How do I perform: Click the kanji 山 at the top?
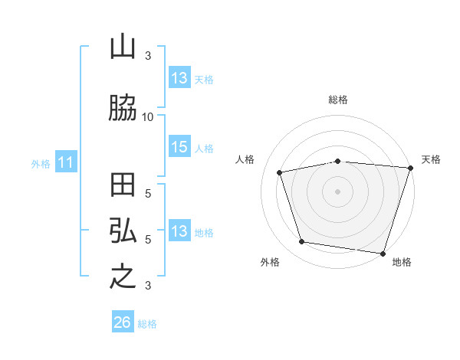123,46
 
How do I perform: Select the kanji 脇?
123,107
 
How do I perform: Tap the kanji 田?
123,185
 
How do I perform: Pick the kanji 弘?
123,230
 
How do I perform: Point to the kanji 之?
123,276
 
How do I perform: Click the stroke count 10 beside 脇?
147,117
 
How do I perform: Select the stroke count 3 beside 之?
148,285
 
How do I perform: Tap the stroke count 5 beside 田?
148,194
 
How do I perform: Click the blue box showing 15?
180,146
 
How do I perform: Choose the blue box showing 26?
123,321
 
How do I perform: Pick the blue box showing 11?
66,162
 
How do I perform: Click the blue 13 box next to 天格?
180,77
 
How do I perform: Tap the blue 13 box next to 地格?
180,230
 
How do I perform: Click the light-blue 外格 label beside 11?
41,164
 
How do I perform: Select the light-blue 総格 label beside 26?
147,324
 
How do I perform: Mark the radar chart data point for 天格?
411,168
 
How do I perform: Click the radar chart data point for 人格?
280,172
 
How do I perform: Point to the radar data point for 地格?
383,254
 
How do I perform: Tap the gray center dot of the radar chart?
337,191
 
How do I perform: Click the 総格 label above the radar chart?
338,100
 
